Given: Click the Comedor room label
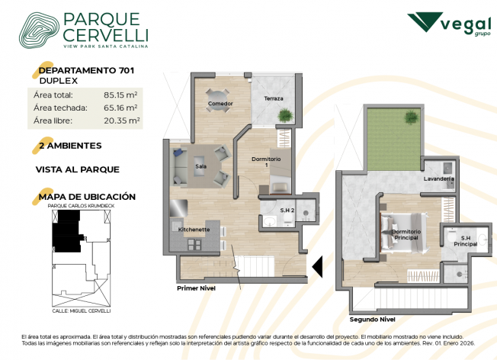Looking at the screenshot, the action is point(220,104).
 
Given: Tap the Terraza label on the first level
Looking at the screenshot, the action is point(274,98).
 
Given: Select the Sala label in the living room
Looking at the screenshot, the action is point(201,166).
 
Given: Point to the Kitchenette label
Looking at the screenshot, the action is point(194,230).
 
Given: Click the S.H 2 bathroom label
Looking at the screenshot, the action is point(287,211).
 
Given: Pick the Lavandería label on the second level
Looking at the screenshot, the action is point(438,179).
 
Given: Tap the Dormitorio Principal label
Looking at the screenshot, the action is point(406,235).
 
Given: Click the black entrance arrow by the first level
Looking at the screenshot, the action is point(317,266).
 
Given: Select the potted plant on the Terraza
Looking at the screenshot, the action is point(285,115).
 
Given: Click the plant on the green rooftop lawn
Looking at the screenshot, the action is point(411,117).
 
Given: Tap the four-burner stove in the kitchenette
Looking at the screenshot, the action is point(194,244).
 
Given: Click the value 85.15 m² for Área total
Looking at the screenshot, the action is point(120,95).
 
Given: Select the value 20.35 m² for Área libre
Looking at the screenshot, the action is point(122,121).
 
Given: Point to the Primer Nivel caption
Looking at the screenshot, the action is point(196,288).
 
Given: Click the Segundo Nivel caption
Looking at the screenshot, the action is point(372,320).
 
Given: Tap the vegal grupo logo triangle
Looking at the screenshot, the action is point(425,21).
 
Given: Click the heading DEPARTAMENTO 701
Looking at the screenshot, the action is point(86,70).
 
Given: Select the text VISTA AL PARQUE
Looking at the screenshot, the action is point(78,169).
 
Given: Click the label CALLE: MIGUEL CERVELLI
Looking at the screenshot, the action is point(82,311).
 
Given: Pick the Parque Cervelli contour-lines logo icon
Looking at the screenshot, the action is point(39,31).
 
